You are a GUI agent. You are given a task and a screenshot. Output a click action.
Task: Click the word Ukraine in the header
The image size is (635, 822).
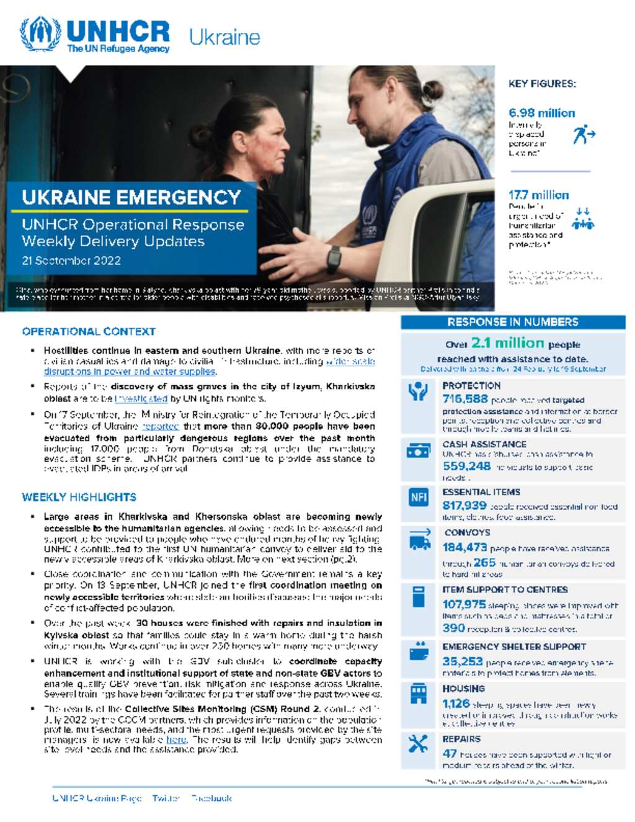[x=224, y=37]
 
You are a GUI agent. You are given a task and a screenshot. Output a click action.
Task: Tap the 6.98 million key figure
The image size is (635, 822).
[x=541, y=113]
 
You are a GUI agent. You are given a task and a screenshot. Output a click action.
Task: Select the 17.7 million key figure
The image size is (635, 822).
[x=538, y=195]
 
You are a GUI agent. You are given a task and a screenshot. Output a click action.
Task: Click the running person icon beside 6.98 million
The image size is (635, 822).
[x=584, y=133]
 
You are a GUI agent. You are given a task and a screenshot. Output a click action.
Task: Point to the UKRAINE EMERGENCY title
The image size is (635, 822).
[x=131, y=197]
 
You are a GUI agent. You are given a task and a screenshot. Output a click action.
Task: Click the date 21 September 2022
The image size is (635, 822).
[x=71, y=261]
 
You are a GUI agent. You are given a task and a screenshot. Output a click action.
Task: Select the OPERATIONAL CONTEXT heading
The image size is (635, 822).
[x=89, y=331]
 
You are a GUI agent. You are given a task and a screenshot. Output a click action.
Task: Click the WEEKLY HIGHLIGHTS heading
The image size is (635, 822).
[x=79, y=497]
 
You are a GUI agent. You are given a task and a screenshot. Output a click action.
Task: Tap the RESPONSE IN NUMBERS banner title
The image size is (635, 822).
[x=513, y=322]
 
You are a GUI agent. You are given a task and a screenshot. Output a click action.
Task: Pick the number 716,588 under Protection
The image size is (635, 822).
[x=465, y=399]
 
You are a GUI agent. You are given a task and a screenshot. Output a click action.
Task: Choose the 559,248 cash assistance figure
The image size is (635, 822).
[x=466, y=466]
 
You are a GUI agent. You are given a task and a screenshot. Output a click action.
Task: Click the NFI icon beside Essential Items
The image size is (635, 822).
[x=419, y=498]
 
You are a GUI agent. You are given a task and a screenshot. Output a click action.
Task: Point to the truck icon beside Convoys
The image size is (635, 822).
[x=420, y=541]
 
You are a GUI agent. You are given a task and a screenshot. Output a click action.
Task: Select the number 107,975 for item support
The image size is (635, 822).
[x=464, y=604]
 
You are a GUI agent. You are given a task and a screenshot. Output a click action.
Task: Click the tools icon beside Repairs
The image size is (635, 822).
[x=419, y=744]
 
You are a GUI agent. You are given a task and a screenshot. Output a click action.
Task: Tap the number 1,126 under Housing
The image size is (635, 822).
[x=456, y=704]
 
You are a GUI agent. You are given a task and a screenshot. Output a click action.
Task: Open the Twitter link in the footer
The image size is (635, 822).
[x=166, y=798]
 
